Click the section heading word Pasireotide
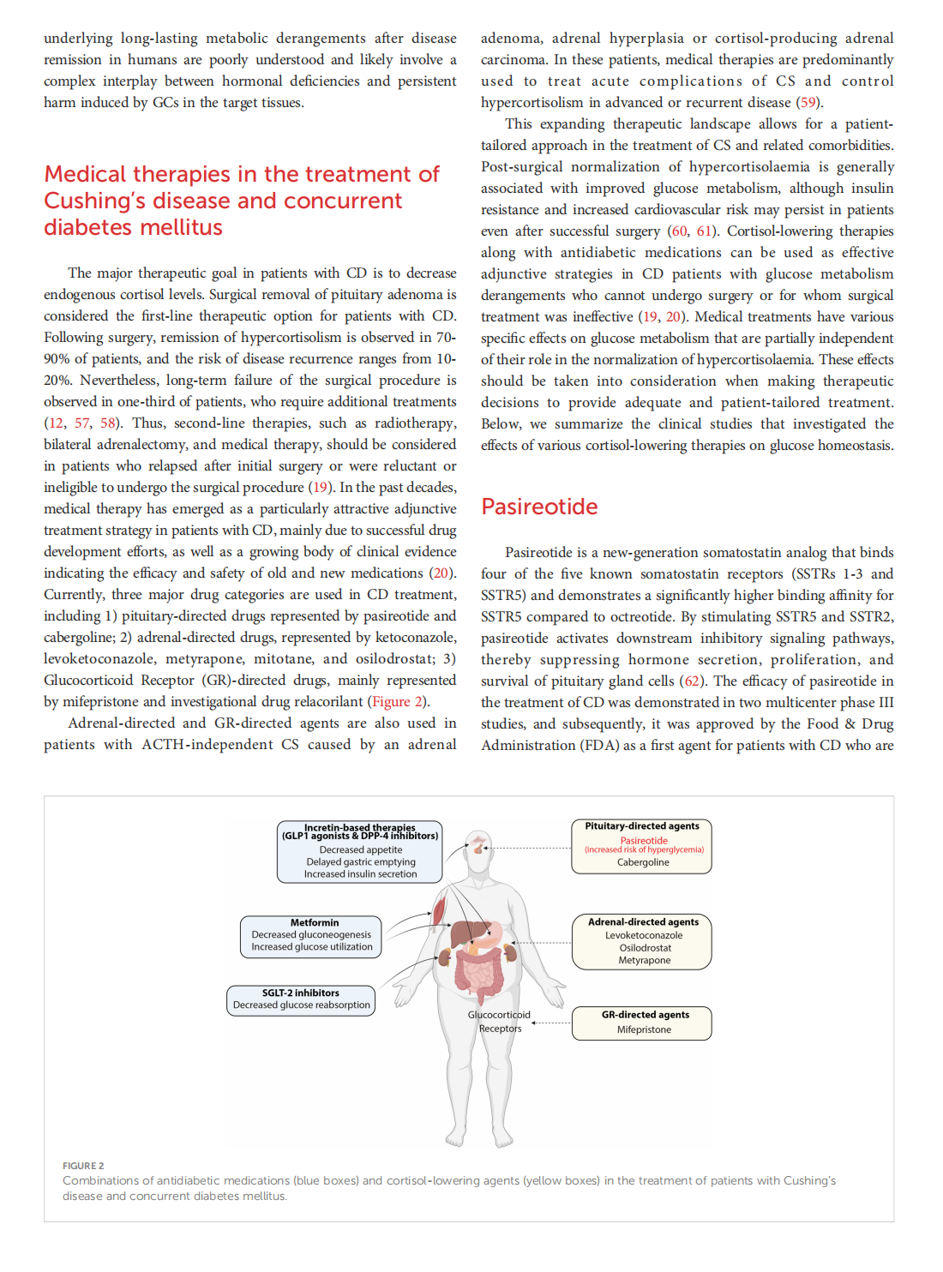click(539, 507)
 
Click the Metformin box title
click(314, 922)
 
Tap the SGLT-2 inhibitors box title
click(300, 993)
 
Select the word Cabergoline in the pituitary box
click(643, 862)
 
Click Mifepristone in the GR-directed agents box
click(644, 1029)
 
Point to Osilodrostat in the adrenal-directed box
click(645, 948)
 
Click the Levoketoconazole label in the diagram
click(644, 935)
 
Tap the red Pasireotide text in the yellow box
click(644, 840)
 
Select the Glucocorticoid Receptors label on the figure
click(499, 1021)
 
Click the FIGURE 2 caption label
click(83, 1166)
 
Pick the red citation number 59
click(808, 103)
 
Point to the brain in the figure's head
click(478, 846)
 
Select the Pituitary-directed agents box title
click(642, 826)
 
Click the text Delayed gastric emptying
click(361, 862)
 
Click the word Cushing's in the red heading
click(94, 201)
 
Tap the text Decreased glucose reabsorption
click(301, 1005)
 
